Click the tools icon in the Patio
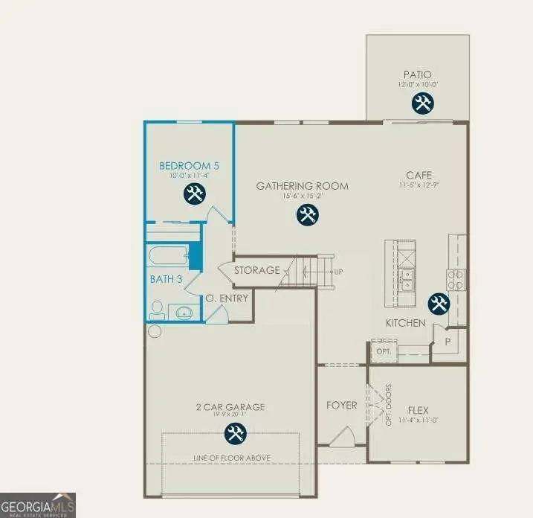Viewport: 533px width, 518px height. coord(423,103)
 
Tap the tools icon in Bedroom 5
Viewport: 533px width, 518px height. coord(193,195)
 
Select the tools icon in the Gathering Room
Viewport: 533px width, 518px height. coord(306,216)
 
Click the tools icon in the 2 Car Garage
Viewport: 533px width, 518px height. coord(235,432)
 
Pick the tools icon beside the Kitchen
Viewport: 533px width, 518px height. coord(438,304)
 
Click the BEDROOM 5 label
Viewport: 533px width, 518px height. coord(189,165)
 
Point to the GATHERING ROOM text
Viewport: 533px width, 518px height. coord(302,186)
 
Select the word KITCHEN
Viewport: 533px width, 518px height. coord(405,323)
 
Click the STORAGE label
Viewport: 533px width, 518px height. coord(257,270)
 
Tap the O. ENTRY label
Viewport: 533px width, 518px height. coord(227,298)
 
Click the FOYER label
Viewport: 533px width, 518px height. coord(342,406)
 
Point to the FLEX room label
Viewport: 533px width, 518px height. coord(418,410)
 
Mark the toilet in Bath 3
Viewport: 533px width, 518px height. coord(158,308)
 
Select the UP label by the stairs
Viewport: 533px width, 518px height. coord(338,272)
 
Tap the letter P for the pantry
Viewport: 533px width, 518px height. coord(448,342)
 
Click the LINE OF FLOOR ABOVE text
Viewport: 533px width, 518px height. coord(230,457)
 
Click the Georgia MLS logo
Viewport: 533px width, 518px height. coord(37,505)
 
